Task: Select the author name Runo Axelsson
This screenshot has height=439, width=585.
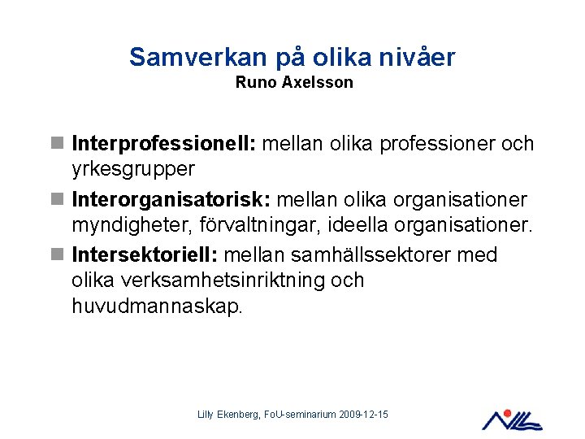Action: [x=294, y=83]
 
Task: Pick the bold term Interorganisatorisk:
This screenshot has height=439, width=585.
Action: [x=169, y=199]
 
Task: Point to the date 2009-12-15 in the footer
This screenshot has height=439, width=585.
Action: [x=363, y=415]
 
